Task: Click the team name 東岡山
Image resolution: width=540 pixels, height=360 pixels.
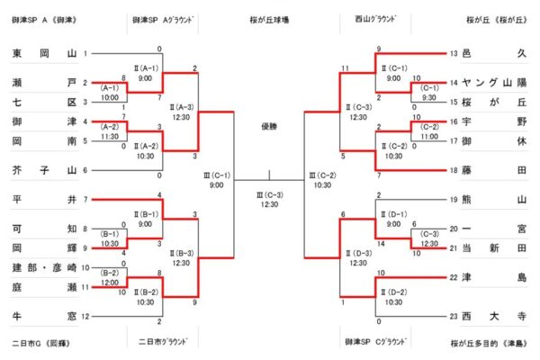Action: pyautogui.click(x=44, y=54)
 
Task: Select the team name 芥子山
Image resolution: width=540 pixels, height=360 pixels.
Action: pyautogui.click(x=44, y=169)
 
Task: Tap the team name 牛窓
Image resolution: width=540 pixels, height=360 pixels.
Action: pyautogui.click(x=44, y=316)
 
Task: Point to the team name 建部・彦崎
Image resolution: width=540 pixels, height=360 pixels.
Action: pyautogui.click(x=44, y=268)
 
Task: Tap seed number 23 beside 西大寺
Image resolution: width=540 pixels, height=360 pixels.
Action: pyautogui.click(x=454, y=316)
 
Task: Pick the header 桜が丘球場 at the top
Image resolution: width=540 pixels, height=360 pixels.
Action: pyautogui.click(x=269, y=18)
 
